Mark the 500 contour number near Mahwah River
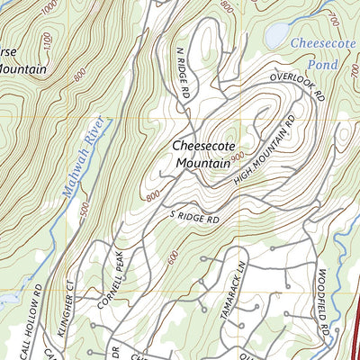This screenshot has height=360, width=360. coord(83,209)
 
